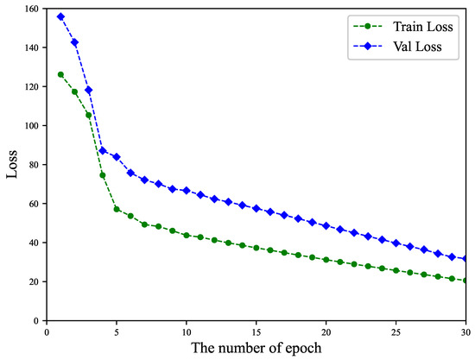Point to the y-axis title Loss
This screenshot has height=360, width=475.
13,164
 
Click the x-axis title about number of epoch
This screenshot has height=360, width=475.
256,349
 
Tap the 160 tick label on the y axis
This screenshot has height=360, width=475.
31,9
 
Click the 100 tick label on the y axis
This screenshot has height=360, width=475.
31,126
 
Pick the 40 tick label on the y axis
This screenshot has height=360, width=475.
34,243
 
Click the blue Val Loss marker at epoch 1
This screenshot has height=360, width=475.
60,16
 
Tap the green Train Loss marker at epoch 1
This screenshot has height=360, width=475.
60,74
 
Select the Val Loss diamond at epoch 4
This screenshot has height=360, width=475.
103,150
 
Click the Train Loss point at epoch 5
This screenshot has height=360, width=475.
117,209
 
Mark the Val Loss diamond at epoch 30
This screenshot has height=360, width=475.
466,259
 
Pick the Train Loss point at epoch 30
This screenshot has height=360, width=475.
466,281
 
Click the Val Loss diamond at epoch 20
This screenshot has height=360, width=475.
326,225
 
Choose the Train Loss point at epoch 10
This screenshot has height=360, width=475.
187,235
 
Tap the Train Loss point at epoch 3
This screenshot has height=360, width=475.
89,115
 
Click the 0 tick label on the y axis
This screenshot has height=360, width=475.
36,320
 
